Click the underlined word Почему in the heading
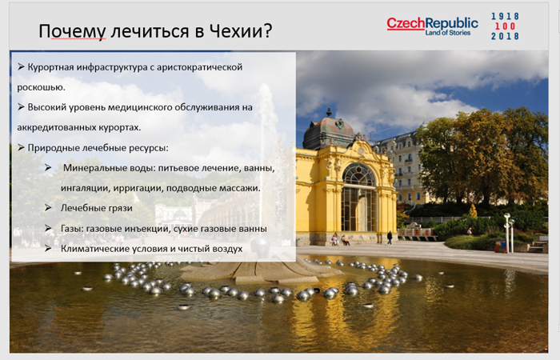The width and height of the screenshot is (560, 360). click(72, 31)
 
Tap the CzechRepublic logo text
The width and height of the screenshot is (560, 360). click(432, 23)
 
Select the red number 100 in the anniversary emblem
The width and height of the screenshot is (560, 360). click(505, 26)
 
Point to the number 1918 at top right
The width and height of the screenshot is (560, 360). click(505, 16)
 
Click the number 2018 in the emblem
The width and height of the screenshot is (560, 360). click(505, 36)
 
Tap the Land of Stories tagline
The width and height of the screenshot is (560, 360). click(447, 33)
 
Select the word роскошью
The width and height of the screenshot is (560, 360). click(41, 87)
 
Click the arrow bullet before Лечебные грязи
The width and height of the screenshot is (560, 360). click(48, 208)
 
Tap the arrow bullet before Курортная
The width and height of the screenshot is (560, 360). click(21, 66)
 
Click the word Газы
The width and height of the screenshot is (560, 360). click(72, 229)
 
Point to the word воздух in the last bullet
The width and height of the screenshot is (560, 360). click(227, 249)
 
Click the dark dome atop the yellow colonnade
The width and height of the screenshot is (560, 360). click(329, 130)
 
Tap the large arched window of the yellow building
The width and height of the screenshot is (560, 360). click(359, 198)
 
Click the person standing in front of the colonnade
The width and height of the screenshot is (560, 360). click(390, 238)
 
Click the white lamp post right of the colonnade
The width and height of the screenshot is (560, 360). click(507, 233)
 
